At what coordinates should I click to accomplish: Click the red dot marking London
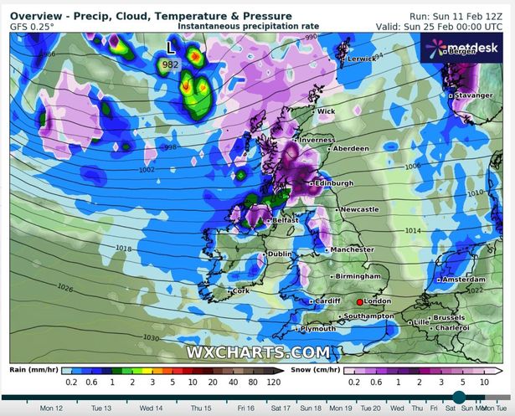click(360, 301)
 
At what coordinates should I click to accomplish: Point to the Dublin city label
click(281, 254)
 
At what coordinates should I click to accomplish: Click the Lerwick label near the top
click(362, 59)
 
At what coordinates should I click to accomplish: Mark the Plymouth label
click(319, 329)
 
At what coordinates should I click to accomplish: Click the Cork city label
click(240, 290)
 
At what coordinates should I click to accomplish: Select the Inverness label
click(317, 140)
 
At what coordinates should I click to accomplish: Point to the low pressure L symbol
click(172, 49)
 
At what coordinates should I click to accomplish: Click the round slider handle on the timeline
click(459, 398)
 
